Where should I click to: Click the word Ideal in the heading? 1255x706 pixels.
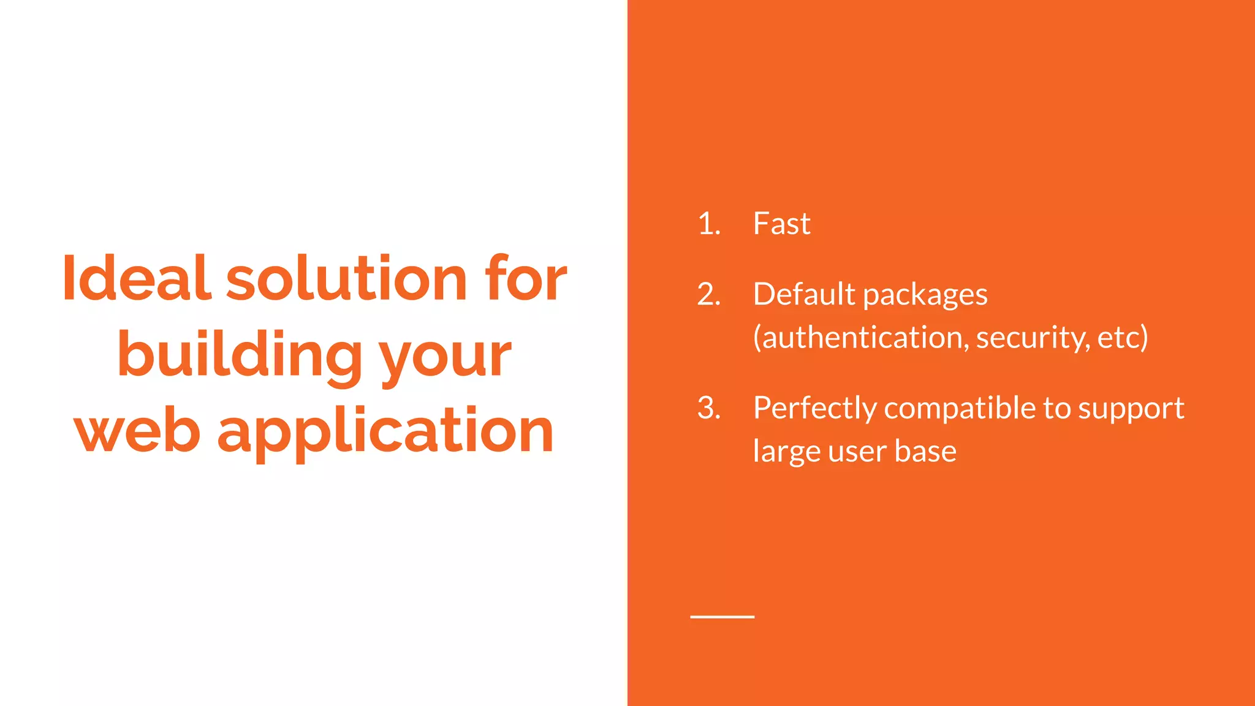pyautogui.click(x=137, y=278)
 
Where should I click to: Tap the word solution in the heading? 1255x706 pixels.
pyautogui.click(x=346, y=278)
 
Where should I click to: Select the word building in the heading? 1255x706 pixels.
pyautogui.click(x=240, y=355)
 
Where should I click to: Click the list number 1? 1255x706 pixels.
pyautogui.click(x=708, y=224)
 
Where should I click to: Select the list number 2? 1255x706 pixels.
pyautogui.click(x=708, y=295)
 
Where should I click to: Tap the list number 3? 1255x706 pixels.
pyautogui.click(x=708, y=408)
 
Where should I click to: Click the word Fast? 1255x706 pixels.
pyautogui.click(x=781, y=224)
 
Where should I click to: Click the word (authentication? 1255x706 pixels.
pyautogui.click(x=861, y=338)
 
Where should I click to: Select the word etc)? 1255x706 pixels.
pyautogui.click(x=1122, y=338)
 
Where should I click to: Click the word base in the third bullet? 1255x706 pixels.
pyautogui.click(x=925, y=452)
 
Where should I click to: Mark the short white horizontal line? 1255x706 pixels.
pyautogui.click(x=722, y=617)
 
